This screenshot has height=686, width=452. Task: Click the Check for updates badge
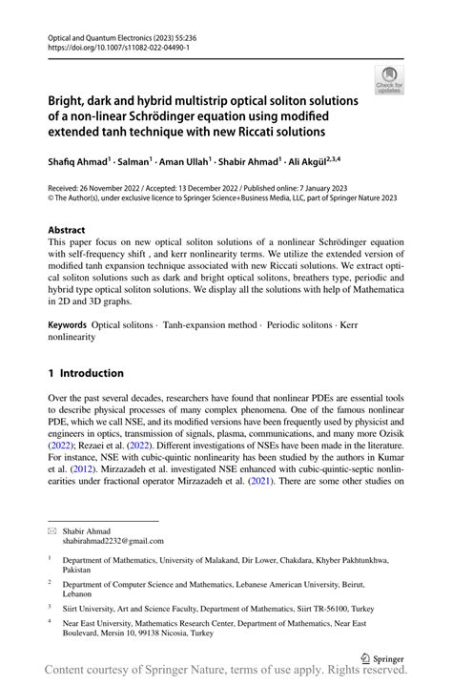point(390,79)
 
